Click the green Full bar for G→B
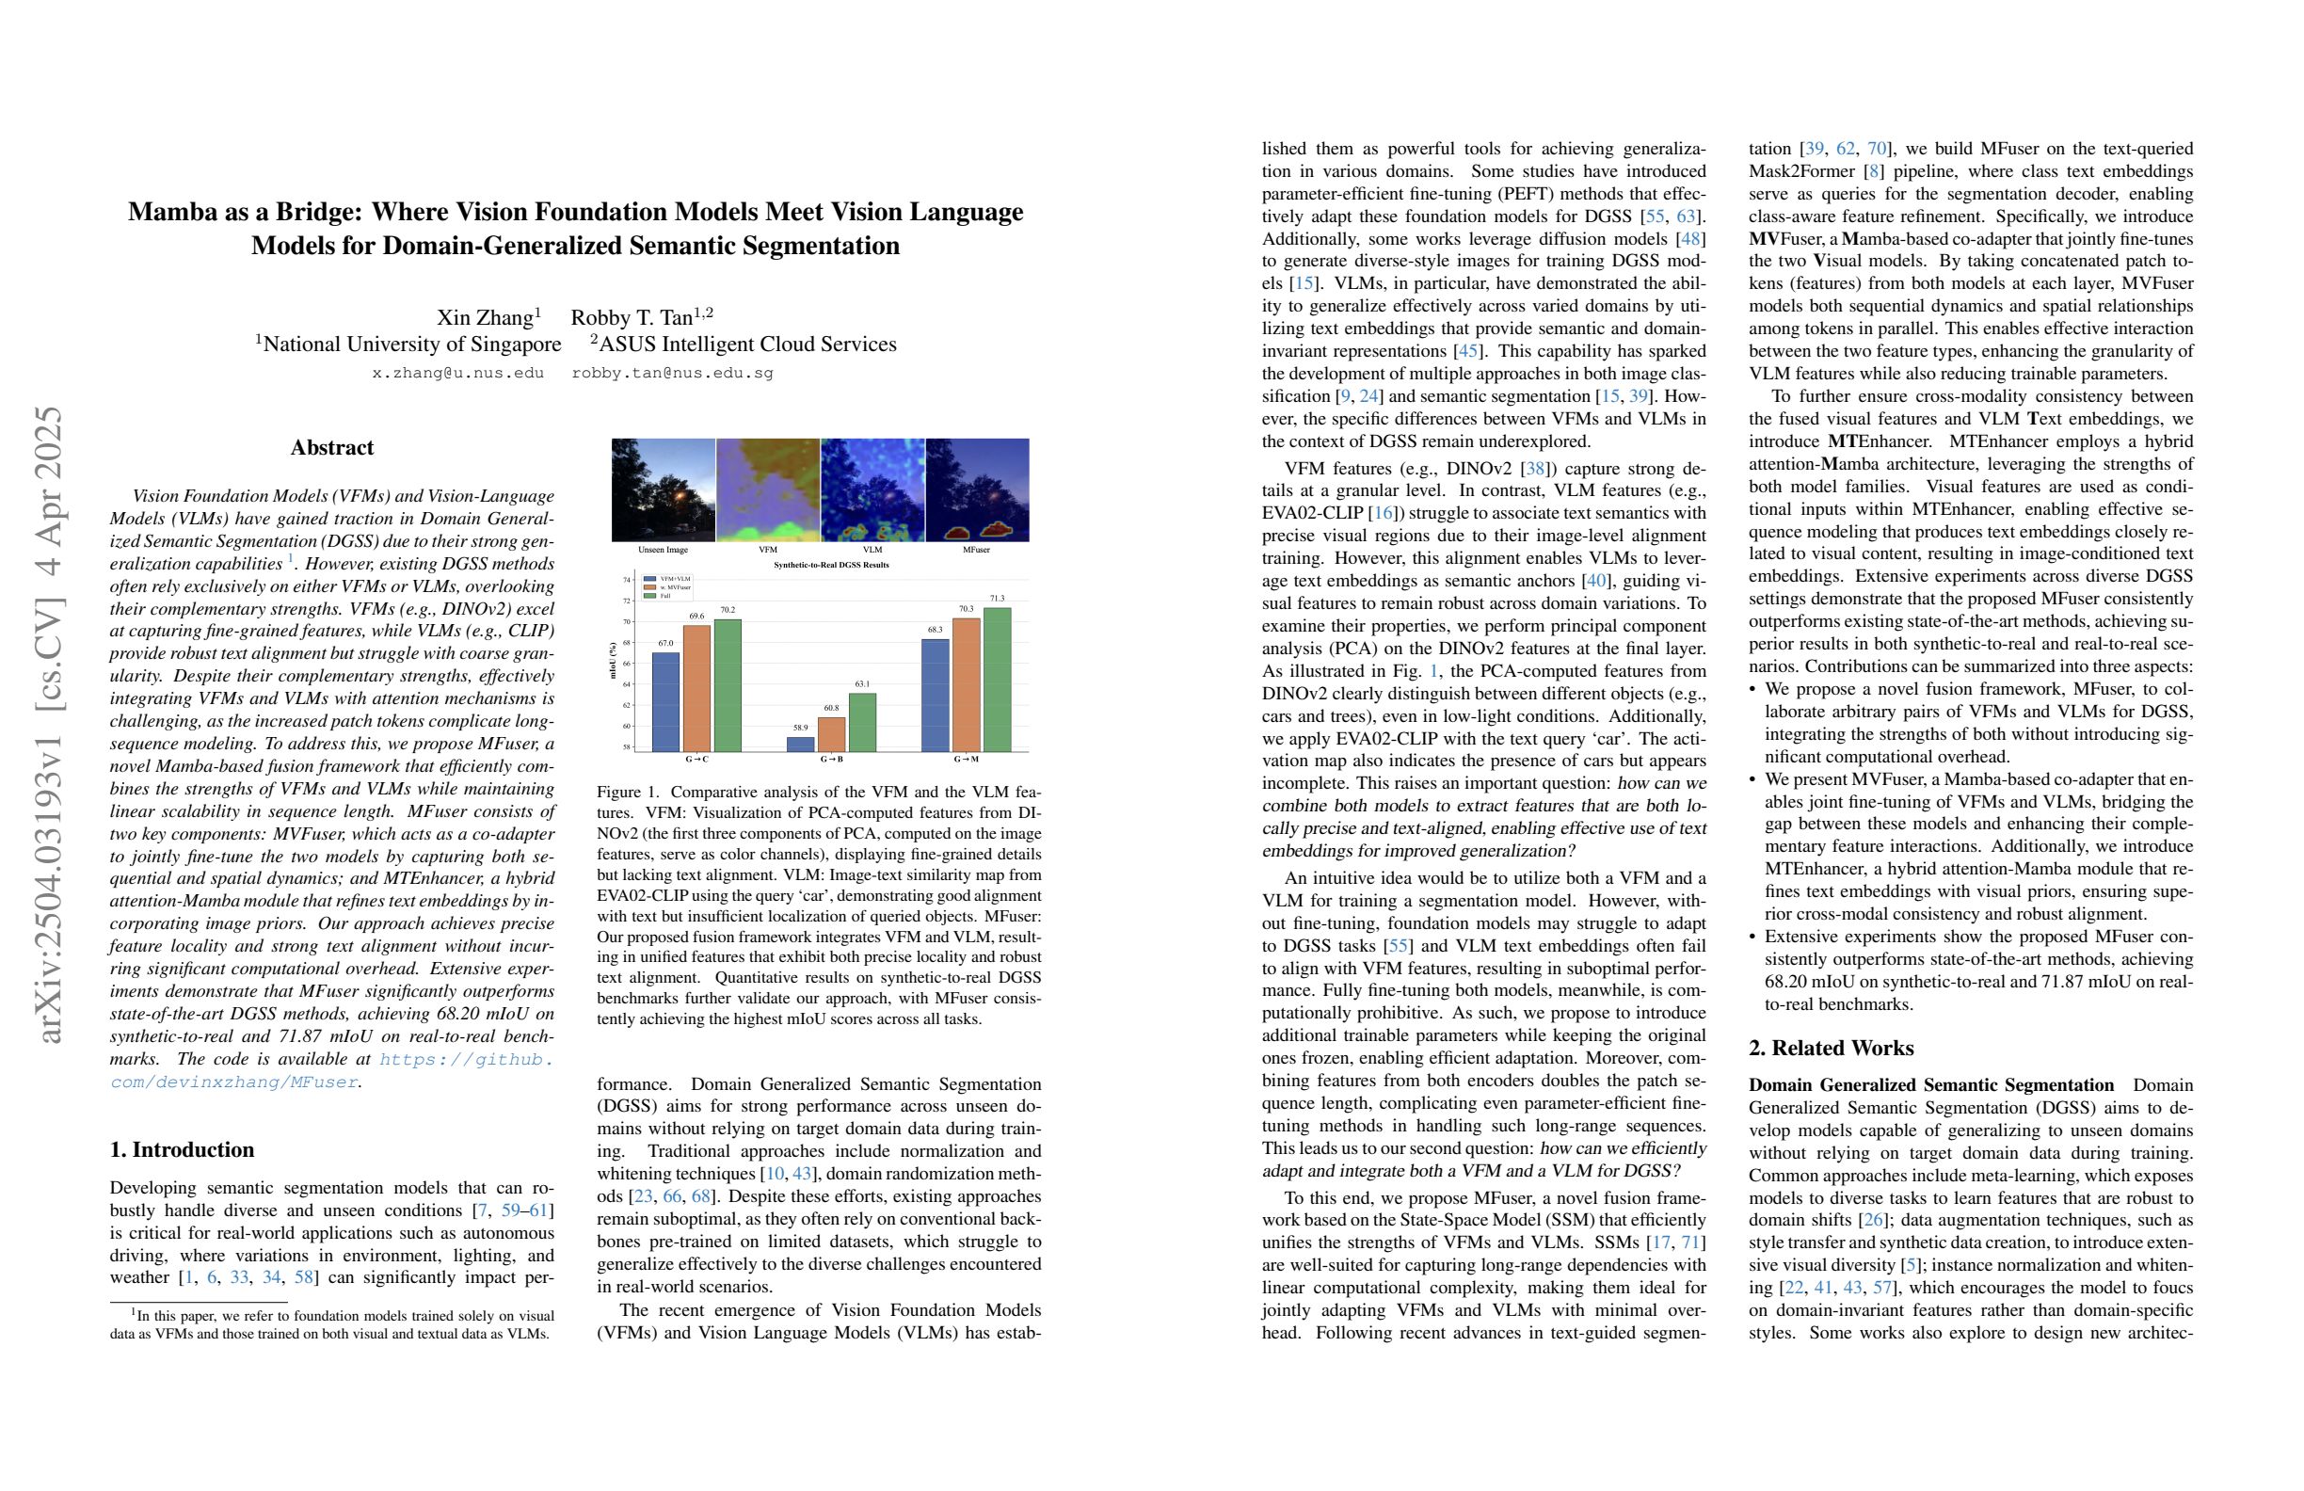click(x=861, y=722)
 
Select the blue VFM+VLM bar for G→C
click(x=665, y=702)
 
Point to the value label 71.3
click(x=997, y=599)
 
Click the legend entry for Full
click(x=665, y=596)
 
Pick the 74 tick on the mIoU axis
click(x=626, y=580)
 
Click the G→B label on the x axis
click(x=831, y=759)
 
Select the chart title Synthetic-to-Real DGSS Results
click(x=831, y=565)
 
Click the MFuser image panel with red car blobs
click(x=977, y=489)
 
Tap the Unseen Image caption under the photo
click(x=664, y=550)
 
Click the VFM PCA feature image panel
click(x=768, y=489)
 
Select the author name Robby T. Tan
click(x=632, y=317)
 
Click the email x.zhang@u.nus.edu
click(x=458, y=373)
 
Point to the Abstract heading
click(x=332, y=447)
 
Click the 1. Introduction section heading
click(x=182, y=1149)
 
